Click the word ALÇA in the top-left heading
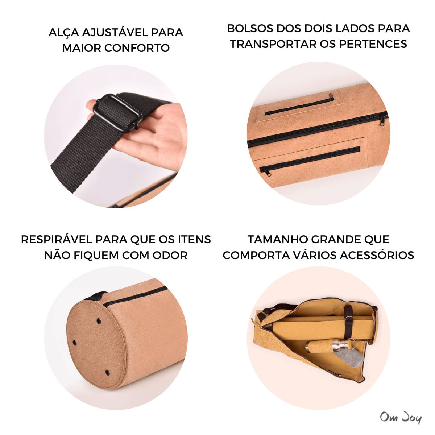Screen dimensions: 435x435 coord(64,32)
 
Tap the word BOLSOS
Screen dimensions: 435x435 coord(250,28)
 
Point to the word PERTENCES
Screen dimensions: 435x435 coord(373,44)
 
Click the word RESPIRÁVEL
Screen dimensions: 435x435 coord(56,239)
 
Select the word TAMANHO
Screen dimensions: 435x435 coord(278,239)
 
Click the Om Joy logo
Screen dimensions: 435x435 coord(401,417)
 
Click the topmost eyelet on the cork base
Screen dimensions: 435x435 coord(98,321)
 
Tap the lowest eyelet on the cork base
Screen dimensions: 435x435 coord(107,372)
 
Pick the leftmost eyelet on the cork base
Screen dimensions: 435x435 coord(74,343)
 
